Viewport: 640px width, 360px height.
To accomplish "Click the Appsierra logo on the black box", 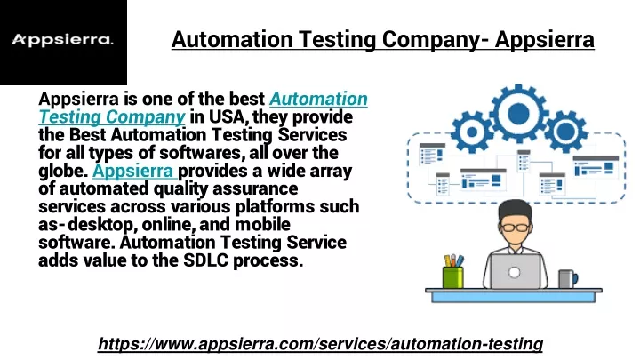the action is tap(62, 40).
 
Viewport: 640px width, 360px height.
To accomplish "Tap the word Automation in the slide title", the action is tap(232, 40).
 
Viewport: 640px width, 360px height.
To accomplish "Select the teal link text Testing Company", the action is tap(112, 116).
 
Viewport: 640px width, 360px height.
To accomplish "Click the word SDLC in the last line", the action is tap(205, 260).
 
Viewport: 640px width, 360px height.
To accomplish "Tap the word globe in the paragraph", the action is tap(61, 171).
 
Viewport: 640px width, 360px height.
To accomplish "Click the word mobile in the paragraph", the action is tap(262, 224).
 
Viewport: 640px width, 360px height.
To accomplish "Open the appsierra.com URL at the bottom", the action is tap(320, 344).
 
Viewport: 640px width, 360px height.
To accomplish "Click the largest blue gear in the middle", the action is tap(519, 113).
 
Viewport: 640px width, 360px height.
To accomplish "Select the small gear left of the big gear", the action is tap(472, 132).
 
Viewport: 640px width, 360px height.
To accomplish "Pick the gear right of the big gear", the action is tap(565, 132).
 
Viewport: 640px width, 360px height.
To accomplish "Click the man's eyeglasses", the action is tap(515, 227).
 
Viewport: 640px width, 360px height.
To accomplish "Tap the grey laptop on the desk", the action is tap(515, 271).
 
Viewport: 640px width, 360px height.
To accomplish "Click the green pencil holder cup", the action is tap(453, 277).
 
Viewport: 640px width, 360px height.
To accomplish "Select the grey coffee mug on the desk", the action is tap(568, 279).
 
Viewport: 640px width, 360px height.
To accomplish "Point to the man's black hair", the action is tap(515, 210).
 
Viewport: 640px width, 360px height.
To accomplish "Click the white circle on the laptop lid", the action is tap(515, 272).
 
